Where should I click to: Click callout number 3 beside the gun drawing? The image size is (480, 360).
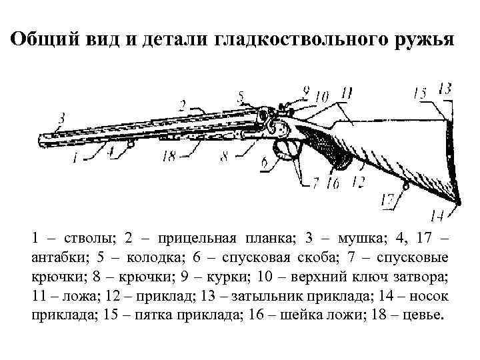click(61, 118)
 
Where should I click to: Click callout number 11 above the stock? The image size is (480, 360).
click(346, 95)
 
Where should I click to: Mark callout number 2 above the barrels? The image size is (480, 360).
click(181, 104)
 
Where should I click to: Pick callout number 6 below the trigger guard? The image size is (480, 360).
click(265, 162)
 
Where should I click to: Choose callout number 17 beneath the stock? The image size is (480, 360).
click(387, 198)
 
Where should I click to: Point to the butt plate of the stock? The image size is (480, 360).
click(453, 160)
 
